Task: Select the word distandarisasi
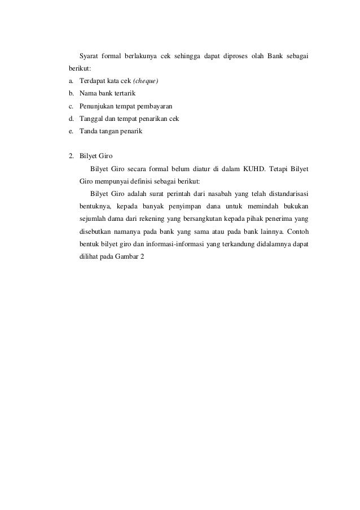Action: click(283, 193)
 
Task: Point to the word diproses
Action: click(229, 56)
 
